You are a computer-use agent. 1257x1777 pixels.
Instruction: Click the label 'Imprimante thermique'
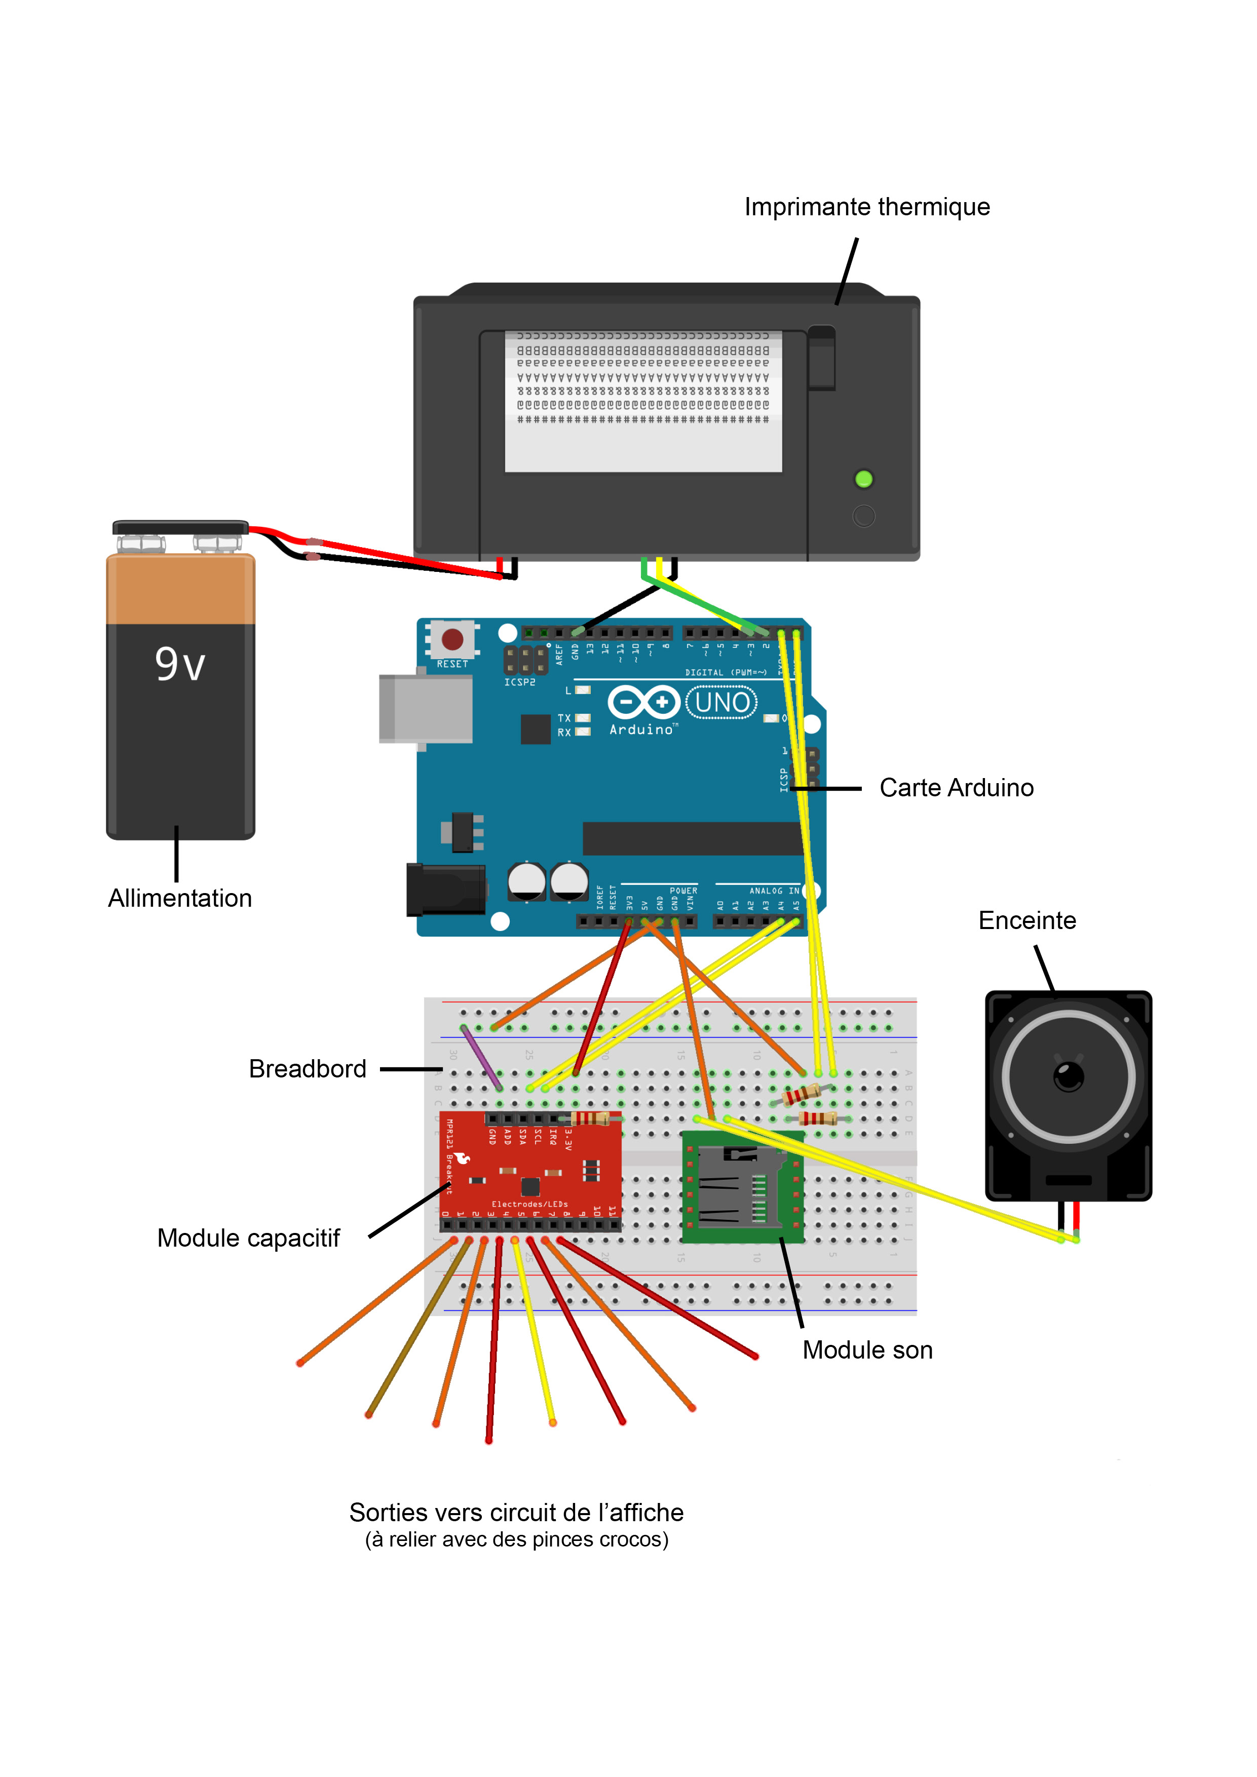pyautogui.click(x=867, y=207)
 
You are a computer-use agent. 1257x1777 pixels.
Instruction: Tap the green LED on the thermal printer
pyautogui.click(x=864, y=479)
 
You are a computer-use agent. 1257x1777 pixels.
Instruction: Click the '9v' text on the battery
pyautogui.click(x=179, y=664)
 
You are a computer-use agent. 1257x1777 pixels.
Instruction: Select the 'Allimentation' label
pyautogui.click(x=179, y=899)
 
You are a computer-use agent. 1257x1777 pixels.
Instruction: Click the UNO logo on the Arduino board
pyautogui.click(x=721, y=703)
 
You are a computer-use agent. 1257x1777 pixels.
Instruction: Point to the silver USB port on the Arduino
pyautogui.click(x=426, y=709)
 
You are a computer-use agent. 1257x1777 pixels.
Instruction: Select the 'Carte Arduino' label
pyautogui.click(x=956, y=788)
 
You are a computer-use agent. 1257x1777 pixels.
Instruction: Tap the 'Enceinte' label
pyautogui.click(x=1027, y=920)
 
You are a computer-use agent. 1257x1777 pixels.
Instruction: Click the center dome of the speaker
pyautogui.click(x=1069, y=1076)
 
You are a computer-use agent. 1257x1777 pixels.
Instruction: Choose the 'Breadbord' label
pyautogui.click(x=308, y=1069)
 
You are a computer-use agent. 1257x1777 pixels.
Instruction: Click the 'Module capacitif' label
pyautogui.click(x=248, y=1239)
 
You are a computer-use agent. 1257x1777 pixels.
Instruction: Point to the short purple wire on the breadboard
pyautogui.click(x=481, y=1057)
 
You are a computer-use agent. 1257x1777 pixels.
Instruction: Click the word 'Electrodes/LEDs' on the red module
pyautogui.click(x=529, y=1204)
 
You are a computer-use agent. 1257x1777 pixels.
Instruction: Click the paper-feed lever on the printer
pyautogui.click(x=821, y=358)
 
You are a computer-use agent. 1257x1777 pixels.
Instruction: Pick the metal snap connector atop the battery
pyautogui.click(x=180, y=529)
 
